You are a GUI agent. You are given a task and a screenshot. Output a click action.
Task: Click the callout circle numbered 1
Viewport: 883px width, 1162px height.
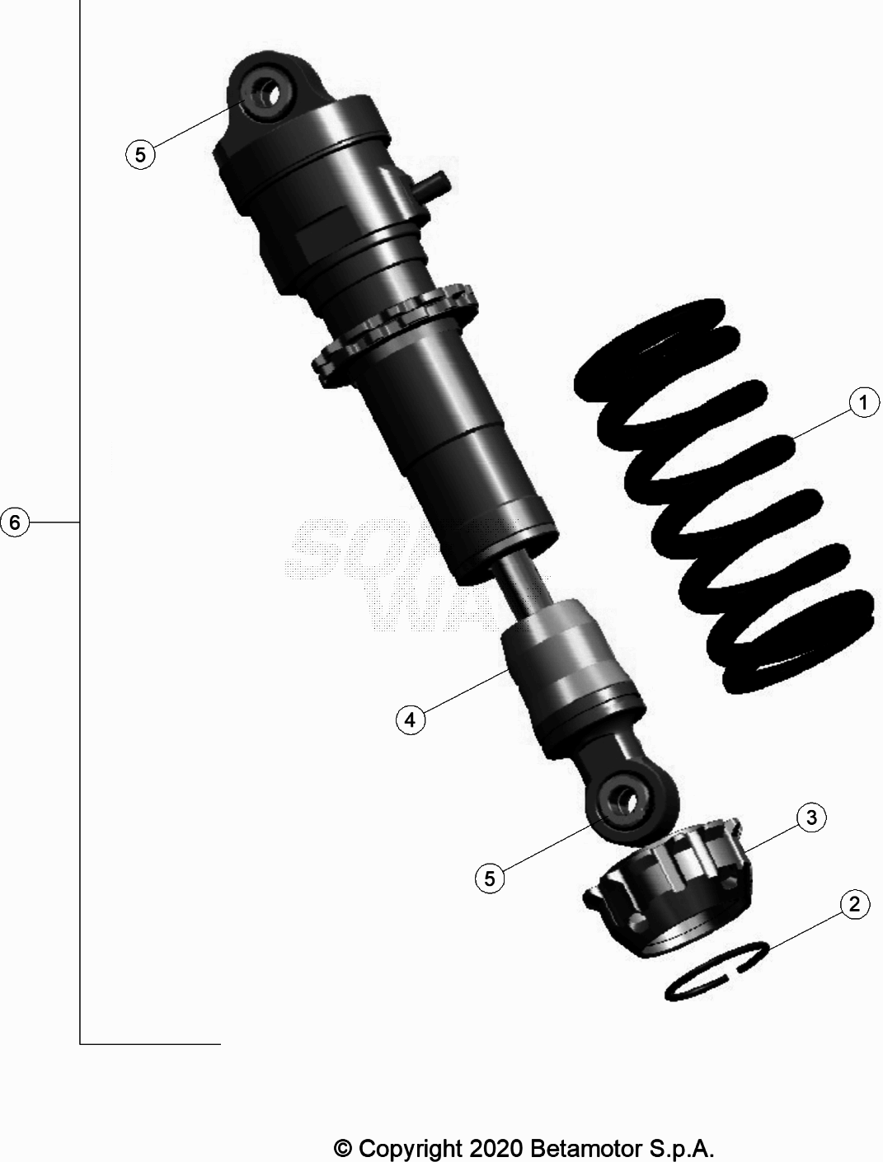tap(863, 404)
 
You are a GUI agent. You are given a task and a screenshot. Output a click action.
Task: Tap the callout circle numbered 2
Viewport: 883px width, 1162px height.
tap(854, 904)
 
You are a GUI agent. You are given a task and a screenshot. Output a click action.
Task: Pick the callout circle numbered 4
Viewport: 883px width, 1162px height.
tap(410, 719)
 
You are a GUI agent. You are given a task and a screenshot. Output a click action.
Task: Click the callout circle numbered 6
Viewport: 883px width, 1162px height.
tap(15, 522)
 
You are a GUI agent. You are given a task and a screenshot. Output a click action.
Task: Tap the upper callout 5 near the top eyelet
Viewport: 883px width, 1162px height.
tap(140, 154)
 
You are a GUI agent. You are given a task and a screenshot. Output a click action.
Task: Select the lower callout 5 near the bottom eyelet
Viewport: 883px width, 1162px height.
tap(490, 879)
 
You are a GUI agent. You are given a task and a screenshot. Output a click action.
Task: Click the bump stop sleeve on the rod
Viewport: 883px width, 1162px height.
tap(569, 659)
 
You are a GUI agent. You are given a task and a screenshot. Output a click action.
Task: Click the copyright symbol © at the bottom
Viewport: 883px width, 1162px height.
tap(343, 1147)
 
